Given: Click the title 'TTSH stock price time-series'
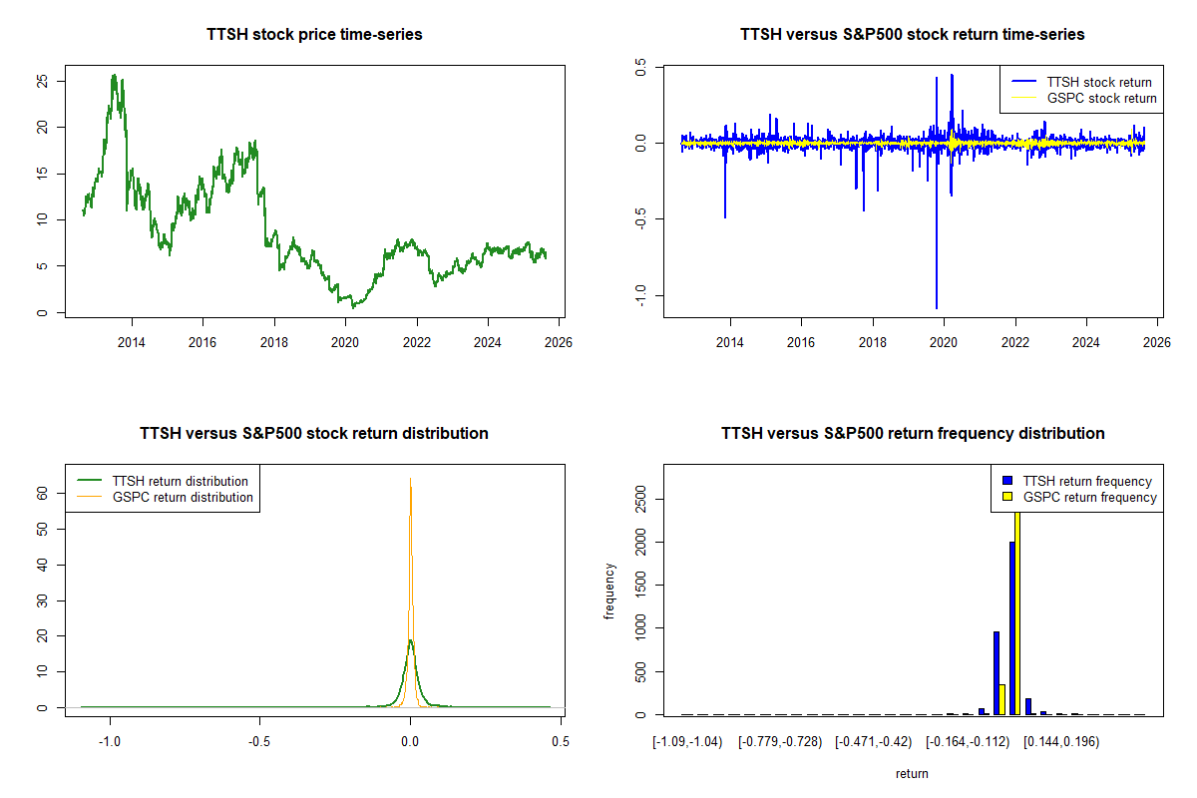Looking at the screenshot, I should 314,35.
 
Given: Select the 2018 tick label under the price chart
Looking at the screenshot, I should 273,343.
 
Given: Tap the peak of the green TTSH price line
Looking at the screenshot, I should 114,75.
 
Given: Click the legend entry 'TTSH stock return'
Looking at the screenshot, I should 1098,82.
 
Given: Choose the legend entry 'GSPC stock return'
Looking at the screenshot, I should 1101,98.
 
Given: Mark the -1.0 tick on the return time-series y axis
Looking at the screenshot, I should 640,294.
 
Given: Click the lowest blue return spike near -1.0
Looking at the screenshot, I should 937,306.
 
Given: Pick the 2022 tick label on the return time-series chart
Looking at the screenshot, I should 1014,343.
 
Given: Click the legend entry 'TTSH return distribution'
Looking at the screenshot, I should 181,481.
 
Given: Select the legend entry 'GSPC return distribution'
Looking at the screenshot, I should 183,497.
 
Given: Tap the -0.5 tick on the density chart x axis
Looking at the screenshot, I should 260,742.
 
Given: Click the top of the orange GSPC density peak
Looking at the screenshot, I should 410,480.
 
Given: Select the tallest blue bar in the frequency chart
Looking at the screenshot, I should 1011,628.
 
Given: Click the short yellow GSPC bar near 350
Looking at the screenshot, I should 1001,699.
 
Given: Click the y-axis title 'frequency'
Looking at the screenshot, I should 609,593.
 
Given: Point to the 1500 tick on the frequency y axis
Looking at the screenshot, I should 640,585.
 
